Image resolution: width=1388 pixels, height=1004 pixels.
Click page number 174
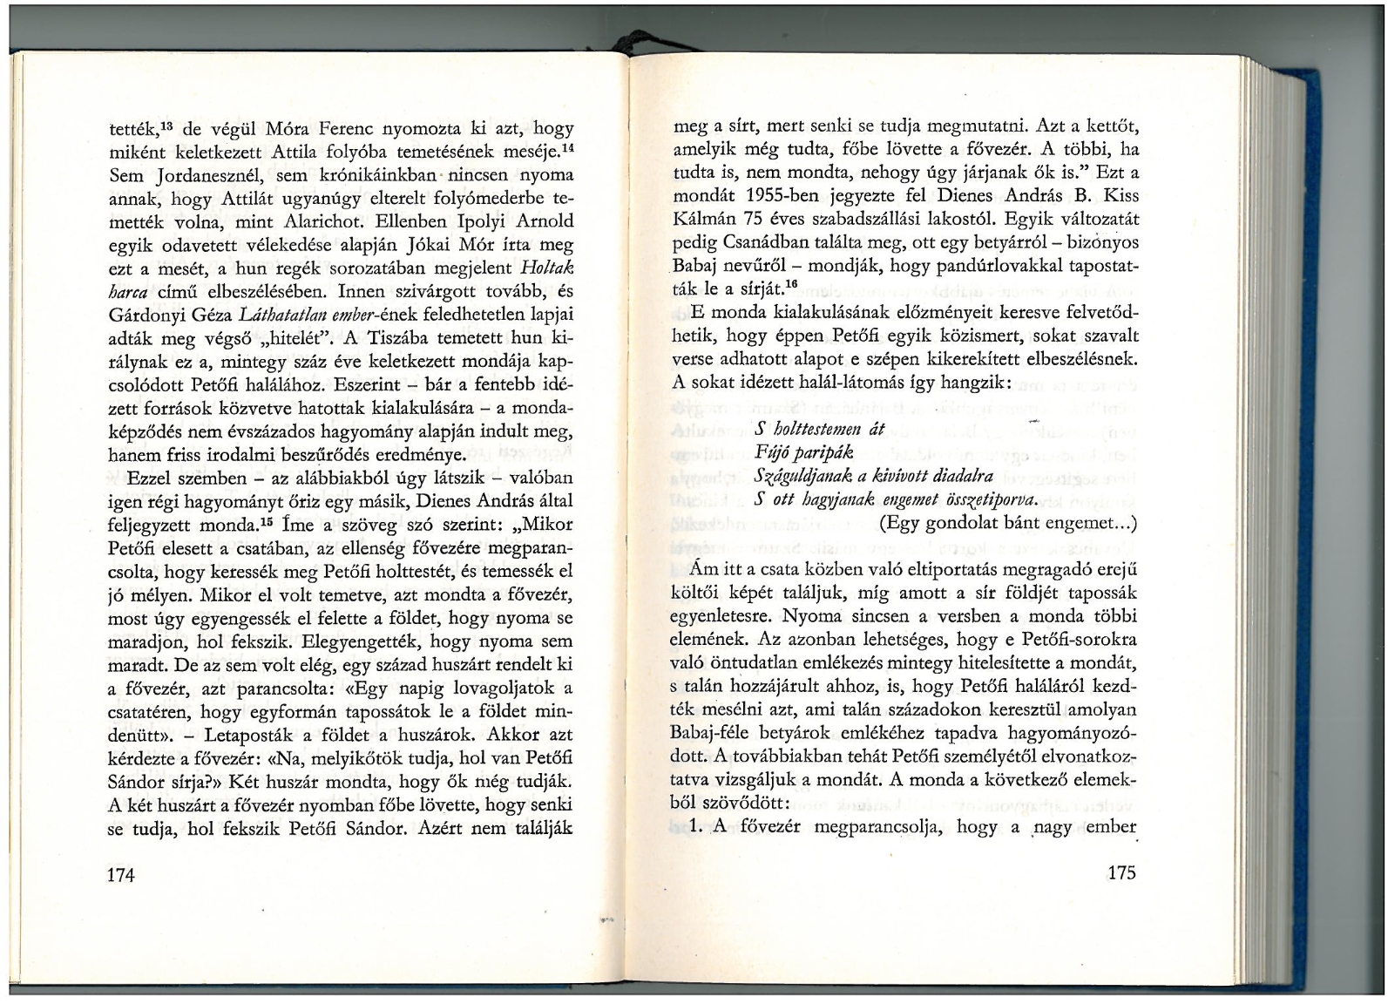pos(121,875)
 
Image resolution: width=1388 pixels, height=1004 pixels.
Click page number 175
pos(1121,873)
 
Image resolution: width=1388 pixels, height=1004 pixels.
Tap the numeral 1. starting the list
pos(695,827)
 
